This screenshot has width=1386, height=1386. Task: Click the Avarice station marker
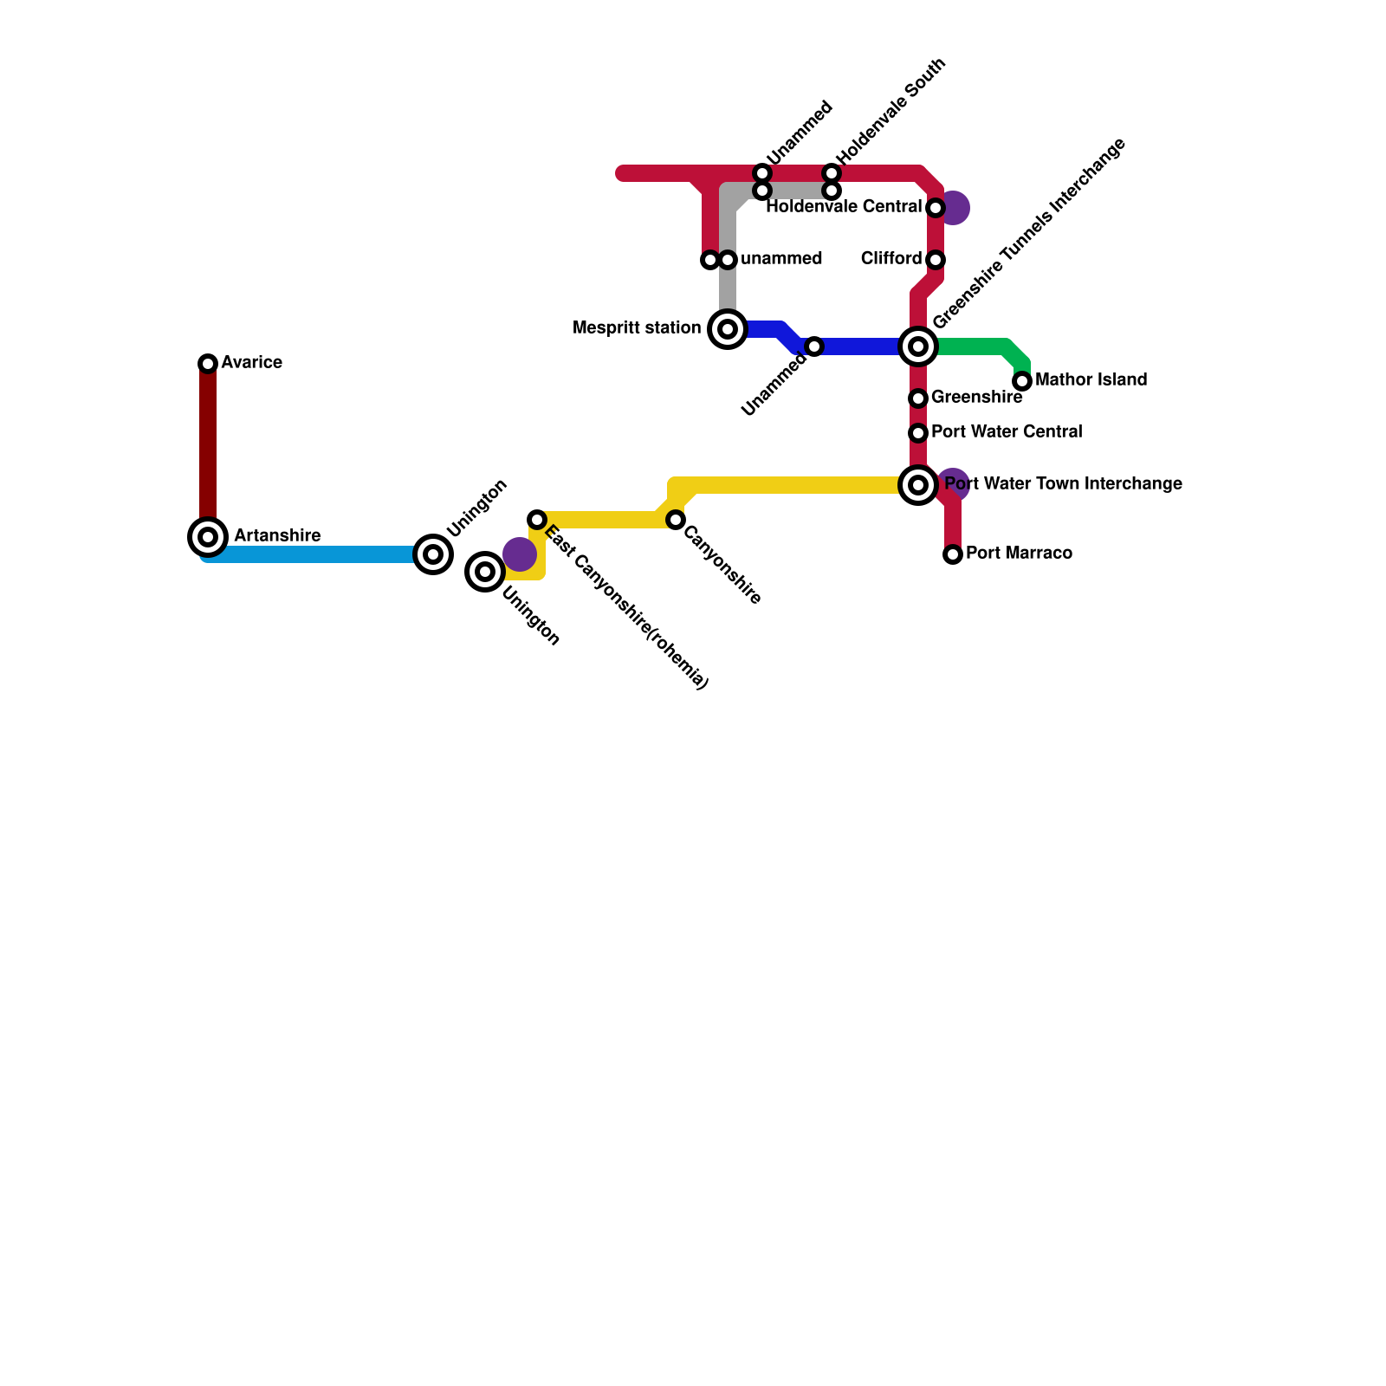coord(208,364)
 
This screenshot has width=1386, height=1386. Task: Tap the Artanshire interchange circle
coord(208,537)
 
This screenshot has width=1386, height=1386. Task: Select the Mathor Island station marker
coord(1022,381)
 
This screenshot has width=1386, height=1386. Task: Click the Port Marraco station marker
coord(953,554)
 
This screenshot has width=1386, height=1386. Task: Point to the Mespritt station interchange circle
coord(728,329)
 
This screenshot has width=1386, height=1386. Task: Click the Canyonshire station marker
coord(676,520)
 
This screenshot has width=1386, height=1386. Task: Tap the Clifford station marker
coord(936,260)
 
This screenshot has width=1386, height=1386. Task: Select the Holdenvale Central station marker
coord(936,208)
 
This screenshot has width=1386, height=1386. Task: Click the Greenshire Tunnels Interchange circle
coord(918,346)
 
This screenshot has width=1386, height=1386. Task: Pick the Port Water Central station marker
coord(918,433)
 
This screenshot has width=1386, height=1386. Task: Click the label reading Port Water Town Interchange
coord(1064,484)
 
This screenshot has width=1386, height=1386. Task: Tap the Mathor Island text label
coord(1091,380)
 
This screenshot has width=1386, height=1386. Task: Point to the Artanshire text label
coord(277,536)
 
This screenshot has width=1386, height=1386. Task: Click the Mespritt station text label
coord(637,328)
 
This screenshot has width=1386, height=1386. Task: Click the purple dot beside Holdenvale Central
coord(955,208)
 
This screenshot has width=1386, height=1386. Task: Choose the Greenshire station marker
coord(918,398)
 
